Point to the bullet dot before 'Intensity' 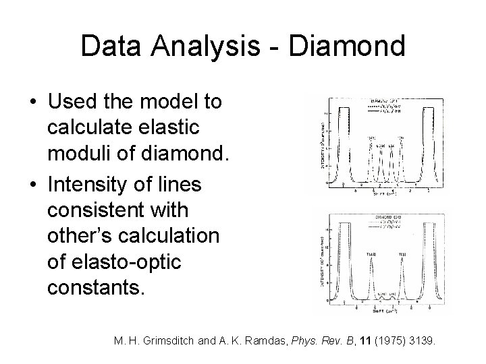tap(33, 184)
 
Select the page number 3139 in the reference tap(421, 341)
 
